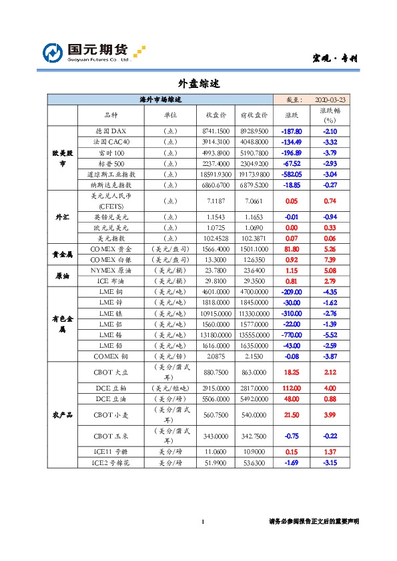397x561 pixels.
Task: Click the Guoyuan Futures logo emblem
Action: tap(53, 53)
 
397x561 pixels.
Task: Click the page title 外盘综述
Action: tap(198, 84)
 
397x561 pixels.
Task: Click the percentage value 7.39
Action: tap(328, 259)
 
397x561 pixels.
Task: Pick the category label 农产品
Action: tap(62, 414)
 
